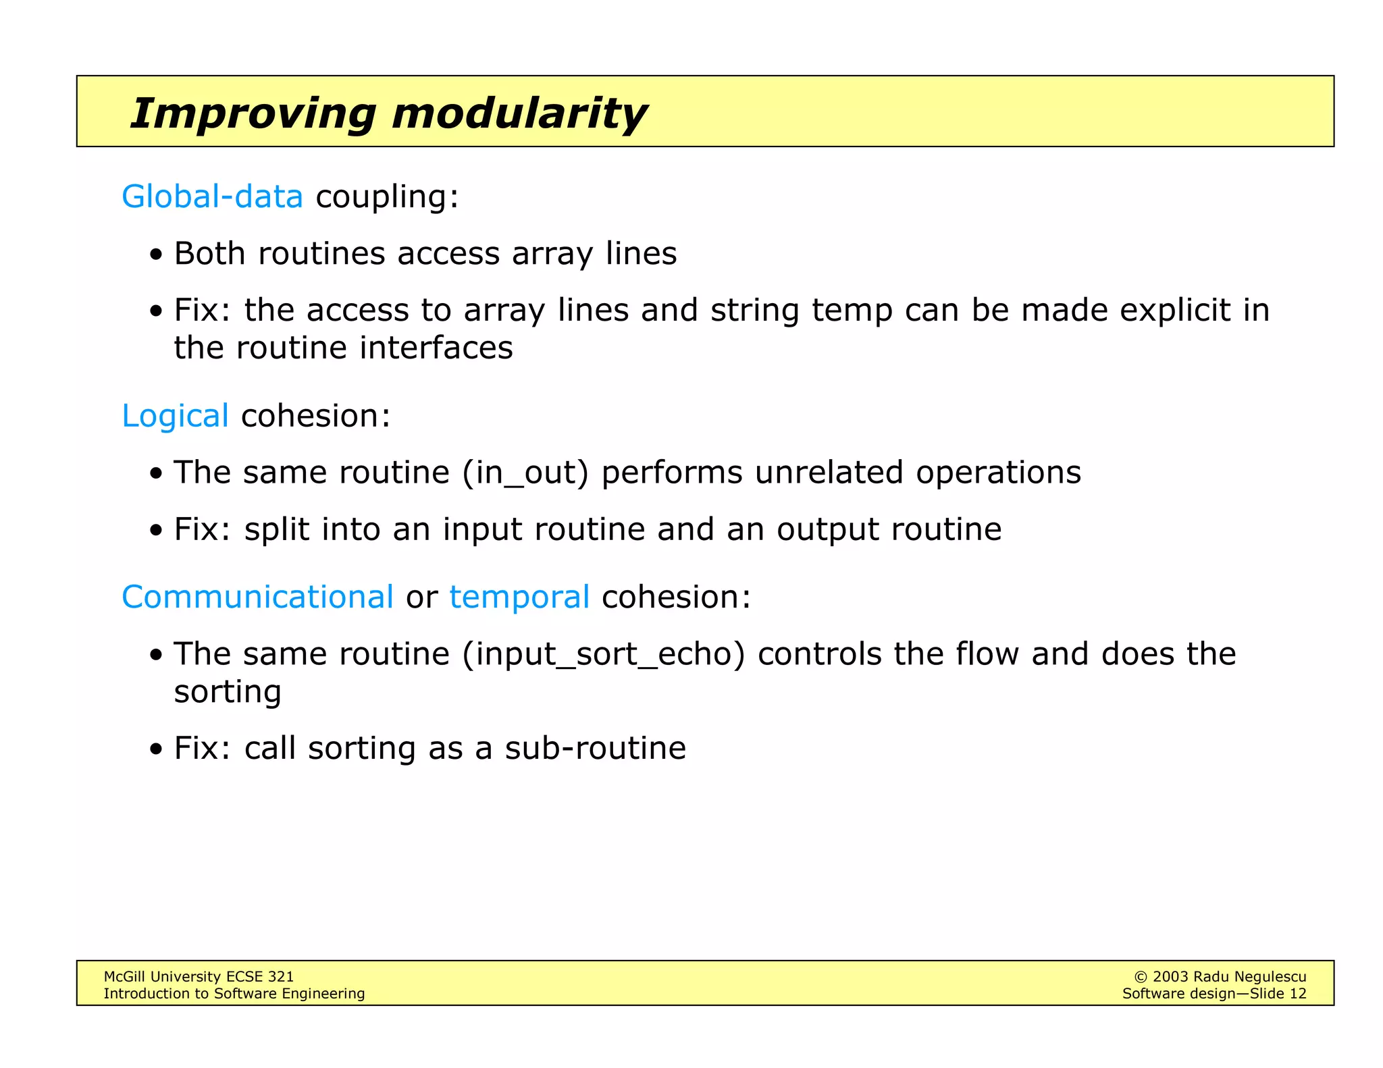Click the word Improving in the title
253,113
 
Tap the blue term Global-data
212,196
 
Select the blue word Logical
175,415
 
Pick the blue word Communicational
257,597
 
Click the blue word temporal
519,597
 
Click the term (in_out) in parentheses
525,472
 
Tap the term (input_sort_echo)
604,653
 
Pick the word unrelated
829,472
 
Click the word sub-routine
595,748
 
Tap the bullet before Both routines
156,255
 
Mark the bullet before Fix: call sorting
156,749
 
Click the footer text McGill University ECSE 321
199,976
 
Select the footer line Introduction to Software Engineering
234,993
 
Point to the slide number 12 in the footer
1297,993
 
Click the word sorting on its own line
227,691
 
